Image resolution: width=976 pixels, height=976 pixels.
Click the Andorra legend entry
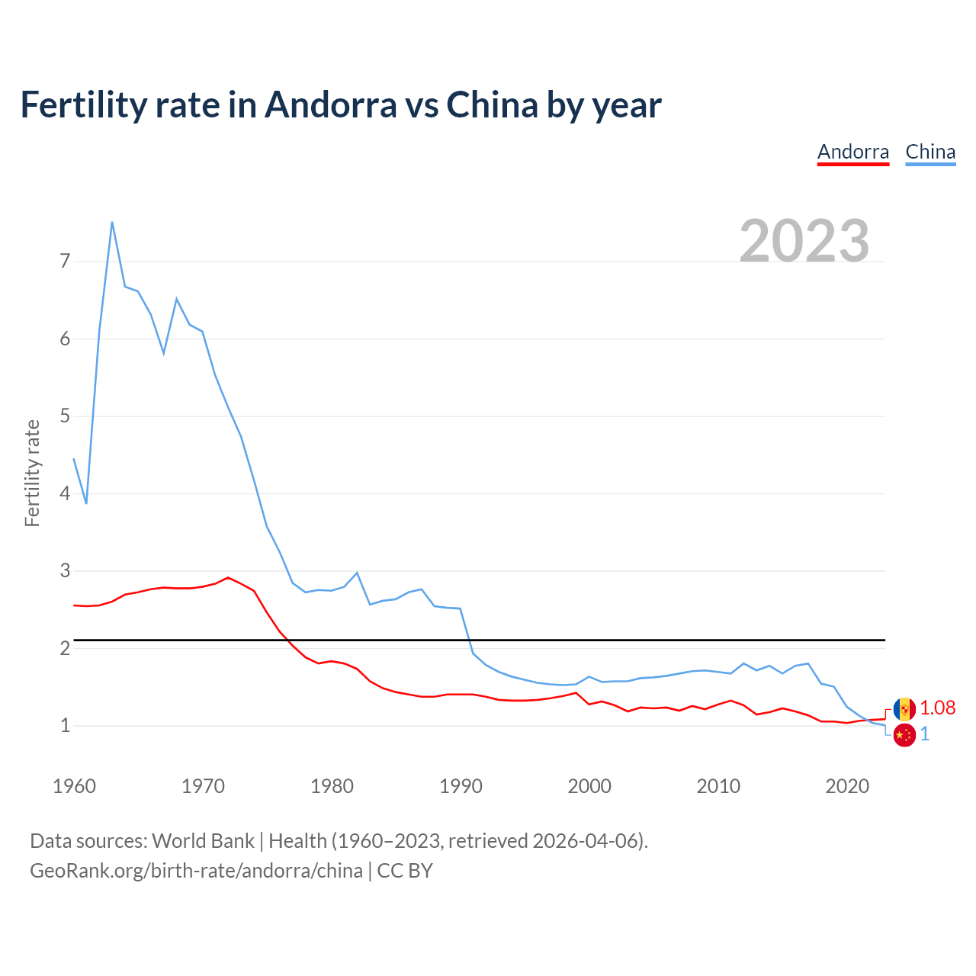[852, 152]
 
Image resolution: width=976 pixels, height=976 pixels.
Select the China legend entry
[930, 152]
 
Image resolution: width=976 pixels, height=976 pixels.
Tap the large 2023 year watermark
[804, 241]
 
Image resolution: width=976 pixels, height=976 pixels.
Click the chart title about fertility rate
[340, 104]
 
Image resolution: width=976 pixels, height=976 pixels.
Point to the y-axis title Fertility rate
[32, 473]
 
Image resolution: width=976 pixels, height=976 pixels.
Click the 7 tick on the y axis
[65, 262]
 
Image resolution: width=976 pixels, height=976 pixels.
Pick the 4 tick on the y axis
[65, 493]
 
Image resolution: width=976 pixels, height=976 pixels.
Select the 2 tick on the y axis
[65, 648]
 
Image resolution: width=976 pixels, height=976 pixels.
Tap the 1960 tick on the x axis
[74, 786]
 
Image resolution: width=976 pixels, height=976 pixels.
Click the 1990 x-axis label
[461, 786]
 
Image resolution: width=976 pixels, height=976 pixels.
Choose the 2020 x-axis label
[847, 786]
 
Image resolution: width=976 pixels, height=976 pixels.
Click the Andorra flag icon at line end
[904, 709]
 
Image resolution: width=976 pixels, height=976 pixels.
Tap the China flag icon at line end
[904, 735]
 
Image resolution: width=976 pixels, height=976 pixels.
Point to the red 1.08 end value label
[937, 708]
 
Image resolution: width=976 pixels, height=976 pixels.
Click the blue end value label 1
[925, 734]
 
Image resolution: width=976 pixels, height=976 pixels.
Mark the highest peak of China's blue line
[112, 223]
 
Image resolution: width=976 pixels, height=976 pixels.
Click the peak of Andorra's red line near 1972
[228, 577]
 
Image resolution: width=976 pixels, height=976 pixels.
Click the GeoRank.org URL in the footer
[196, 871]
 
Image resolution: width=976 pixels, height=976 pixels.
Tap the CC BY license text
[405, 871]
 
